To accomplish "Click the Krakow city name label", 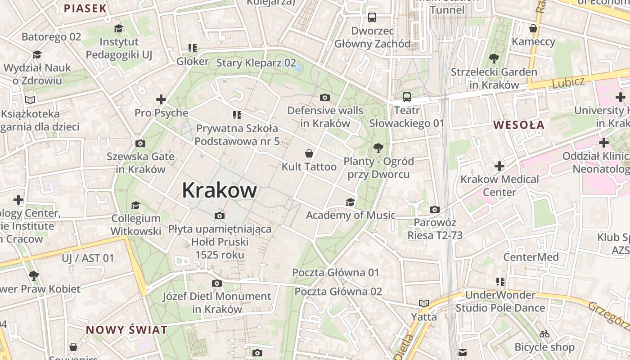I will (219, 190).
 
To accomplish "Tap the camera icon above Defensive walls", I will (324, 97).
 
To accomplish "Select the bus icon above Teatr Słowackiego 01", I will (406, 97).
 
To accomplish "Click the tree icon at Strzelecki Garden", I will (494, 58).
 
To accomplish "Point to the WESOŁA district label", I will (519, 125).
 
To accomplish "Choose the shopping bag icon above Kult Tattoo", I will (309, 153).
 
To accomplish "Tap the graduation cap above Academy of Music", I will (350, 202).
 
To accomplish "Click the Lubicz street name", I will (568, 82).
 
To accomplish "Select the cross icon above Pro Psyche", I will (161, 99).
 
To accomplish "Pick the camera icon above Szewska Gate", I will (140, 144).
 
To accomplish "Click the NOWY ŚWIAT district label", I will (126, 330).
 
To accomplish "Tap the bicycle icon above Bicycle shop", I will (544, 334).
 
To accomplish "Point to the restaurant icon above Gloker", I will (193, 48).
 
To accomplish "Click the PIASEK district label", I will (85, 8).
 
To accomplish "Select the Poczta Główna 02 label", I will (338, 292).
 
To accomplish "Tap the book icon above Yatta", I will (423, 303).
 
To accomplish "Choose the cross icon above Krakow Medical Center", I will (499, 166).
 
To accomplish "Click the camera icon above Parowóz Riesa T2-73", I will (434, 209).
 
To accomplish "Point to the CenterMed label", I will (531, 257).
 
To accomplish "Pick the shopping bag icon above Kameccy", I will (533, 29).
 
